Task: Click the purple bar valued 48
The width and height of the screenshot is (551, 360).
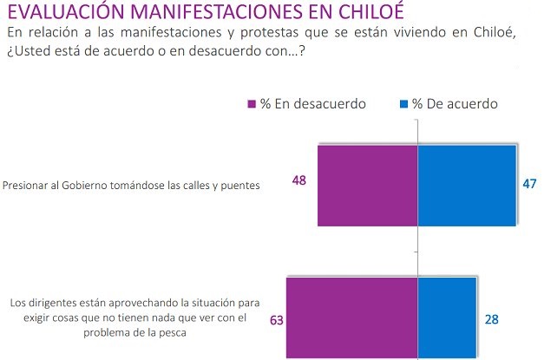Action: click(368, 185)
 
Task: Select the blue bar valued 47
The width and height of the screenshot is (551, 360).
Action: click(467, 185)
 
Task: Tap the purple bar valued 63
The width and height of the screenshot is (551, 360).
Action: click(351, 317)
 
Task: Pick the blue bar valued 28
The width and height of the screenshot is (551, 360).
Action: click(447, 317)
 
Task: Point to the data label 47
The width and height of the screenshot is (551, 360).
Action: click(531, 183)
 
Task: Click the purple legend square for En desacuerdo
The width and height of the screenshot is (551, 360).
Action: click(252, 104)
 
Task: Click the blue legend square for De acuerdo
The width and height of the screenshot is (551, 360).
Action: click(403, 104)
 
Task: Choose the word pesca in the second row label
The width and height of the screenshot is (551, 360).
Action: click(161, 331)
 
